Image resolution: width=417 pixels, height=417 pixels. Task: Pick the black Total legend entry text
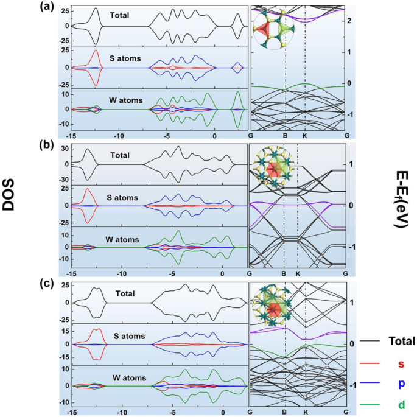coord(401,341)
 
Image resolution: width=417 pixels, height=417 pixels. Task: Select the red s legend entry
coord(401,364)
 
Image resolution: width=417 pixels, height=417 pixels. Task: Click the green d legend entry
coord(401,405)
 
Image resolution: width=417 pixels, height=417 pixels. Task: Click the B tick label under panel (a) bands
coord(284,136)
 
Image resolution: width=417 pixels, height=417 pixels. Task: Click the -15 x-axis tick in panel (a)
coord(72,136)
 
